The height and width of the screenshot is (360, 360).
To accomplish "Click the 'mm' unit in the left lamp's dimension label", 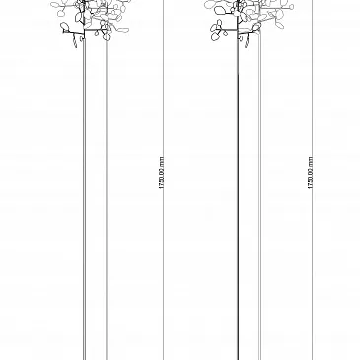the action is (161, 161).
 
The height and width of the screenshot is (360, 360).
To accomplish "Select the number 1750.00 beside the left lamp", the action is (161, 178).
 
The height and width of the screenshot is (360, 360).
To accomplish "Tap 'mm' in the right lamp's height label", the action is (310, 161).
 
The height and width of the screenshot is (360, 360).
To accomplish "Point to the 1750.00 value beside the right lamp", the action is (310, 178).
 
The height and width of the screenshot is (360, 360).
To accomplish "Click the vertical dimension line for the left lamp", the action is (164, 180).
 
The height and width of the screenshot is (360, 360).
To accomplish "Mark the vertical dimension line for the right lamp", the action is (313, 180).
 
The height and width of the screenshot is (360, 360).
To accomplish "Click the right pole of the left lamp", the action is (107, 200).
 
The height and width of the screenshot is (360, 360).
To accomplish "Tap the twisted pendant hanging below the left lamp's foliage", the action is (75, 42).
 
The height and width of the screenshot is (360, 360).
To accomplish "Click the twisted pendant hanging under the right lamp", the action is (247, 42).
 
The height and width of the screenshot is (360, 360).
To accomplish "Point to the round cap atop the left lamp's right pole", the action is (107, 36).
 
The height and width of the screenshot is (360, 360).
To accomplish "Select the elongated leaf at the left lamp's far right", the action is (124, 30).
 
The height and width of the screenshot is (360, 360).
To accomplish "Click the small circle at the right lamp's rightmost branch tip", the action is (292, 7).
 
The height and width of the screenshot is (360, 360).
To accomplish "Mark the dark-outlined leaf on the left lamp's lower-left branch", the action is (64, 26).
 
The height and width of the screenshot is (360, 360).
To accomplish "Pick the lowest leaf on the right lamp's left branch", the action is (216, 36).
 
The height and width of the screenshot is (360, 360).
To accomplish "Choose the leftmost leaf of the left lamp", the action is (54, 6).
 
